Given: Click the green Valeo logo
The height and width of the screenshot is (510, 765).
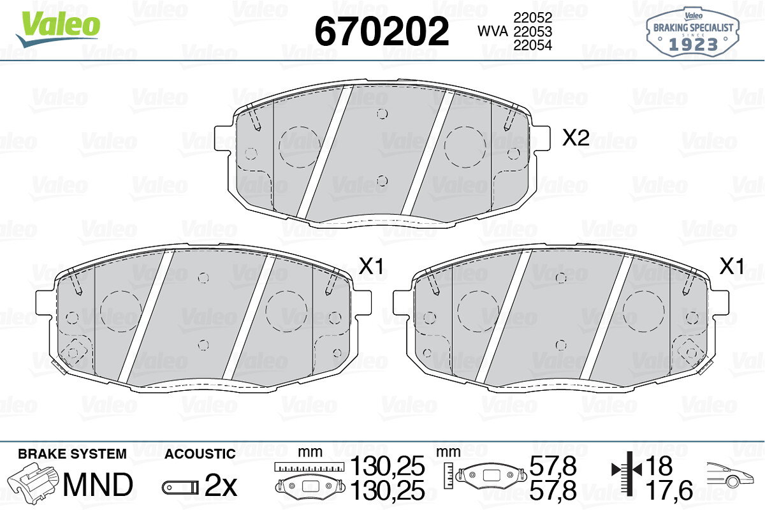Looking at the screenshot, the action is (58, 28).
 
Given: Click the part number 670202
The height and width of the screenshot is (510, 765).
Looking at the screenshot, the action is (381, 31).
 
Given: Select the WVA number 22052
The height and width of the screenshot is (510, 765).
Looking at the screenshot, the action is (533, 18).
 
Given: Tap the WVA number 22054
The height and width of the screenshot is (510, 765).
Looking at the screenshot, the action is (533, 45).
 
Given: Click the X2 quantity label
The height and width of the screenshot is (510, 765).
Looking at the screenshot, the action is (576, 138).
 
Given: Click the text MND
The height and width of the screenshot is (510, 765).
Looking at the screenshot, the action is (98, 484).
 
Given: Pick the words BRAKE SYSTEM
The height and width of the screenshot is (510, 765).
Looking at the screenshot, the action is (72, 454).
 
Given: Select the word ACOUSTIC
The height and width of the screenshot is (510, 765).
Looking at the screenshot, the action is (200, 454).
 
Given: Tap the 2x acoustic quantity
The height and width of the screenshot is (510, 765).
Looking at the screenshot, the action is (221, 484).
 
